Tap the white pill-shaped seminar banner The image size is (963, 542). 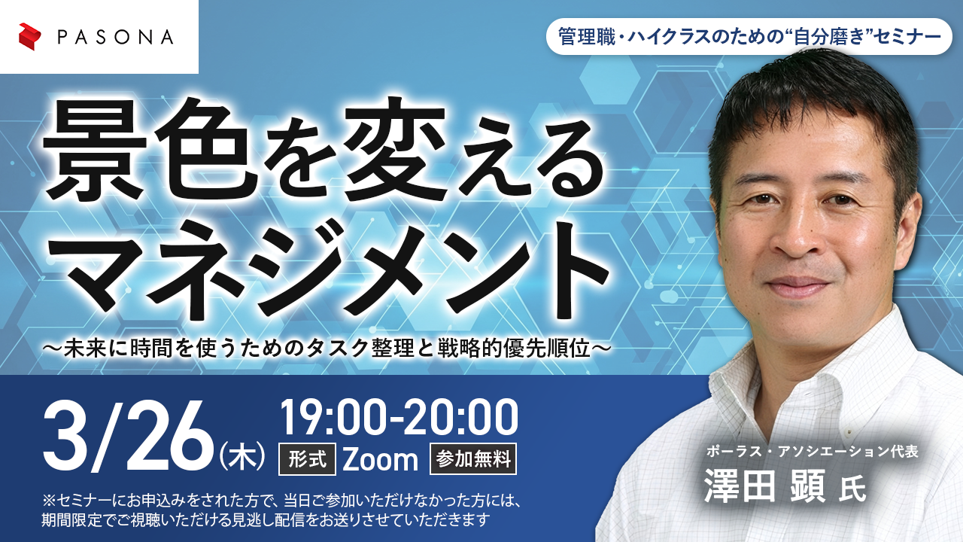(749, 36)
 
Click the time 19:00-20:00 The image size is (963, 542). (399, 416)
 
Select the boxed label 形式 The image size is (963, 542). (307, 459)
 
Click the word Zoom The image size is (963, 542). (381, 459)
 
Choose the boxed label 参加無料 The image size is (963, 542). (473, 459)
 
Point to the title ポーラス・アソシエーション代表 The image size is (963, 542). (813, 452)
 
